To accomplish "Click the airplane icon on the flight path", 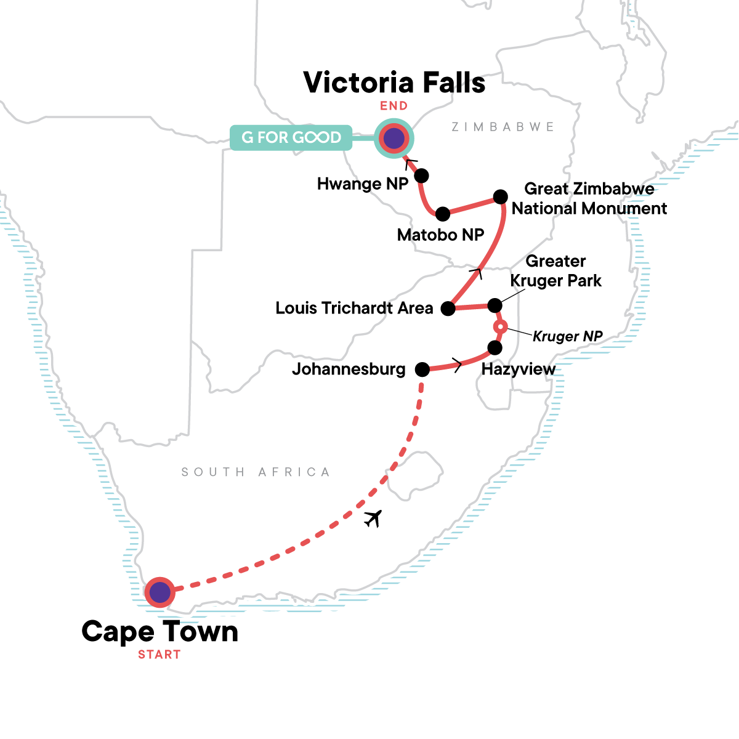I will pos(373,519).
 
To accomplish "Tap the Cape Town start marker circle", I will pos(160,592).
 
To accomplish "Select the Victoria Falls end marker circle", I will pos(394,139).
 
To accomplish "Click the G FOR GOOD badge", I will pos(291,137).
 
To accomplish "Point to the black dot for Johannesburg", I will pos(422,369).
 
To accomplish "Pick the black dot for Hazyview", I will pos(495,348).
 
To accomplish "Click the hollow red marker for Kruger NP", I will pos(501,327).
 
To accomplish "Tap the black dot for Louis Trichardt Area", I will pos(448,309).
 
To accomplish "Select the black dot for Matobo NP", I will pos(442,214).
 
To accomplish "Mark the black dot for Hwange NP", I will pos(421,176).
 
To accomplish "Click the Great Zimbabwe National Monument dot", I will pos(501,196).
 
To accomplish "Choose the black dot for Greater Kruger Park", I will pos(495,305).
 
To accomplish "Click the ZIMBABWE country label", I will pos(503,127).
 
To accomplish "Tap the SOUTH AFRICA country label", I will pos(256,472).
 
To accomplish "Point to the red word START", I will pos(159,655).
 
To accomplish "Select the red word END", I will pos(394,106).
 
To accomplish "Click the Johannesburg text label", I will pos(349,369).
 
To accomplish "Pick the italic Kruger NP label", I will pos(567,336).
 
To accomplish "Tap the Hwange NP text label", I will pos(363,184).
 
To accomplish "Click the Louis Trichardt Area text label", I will pos(354,308).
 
